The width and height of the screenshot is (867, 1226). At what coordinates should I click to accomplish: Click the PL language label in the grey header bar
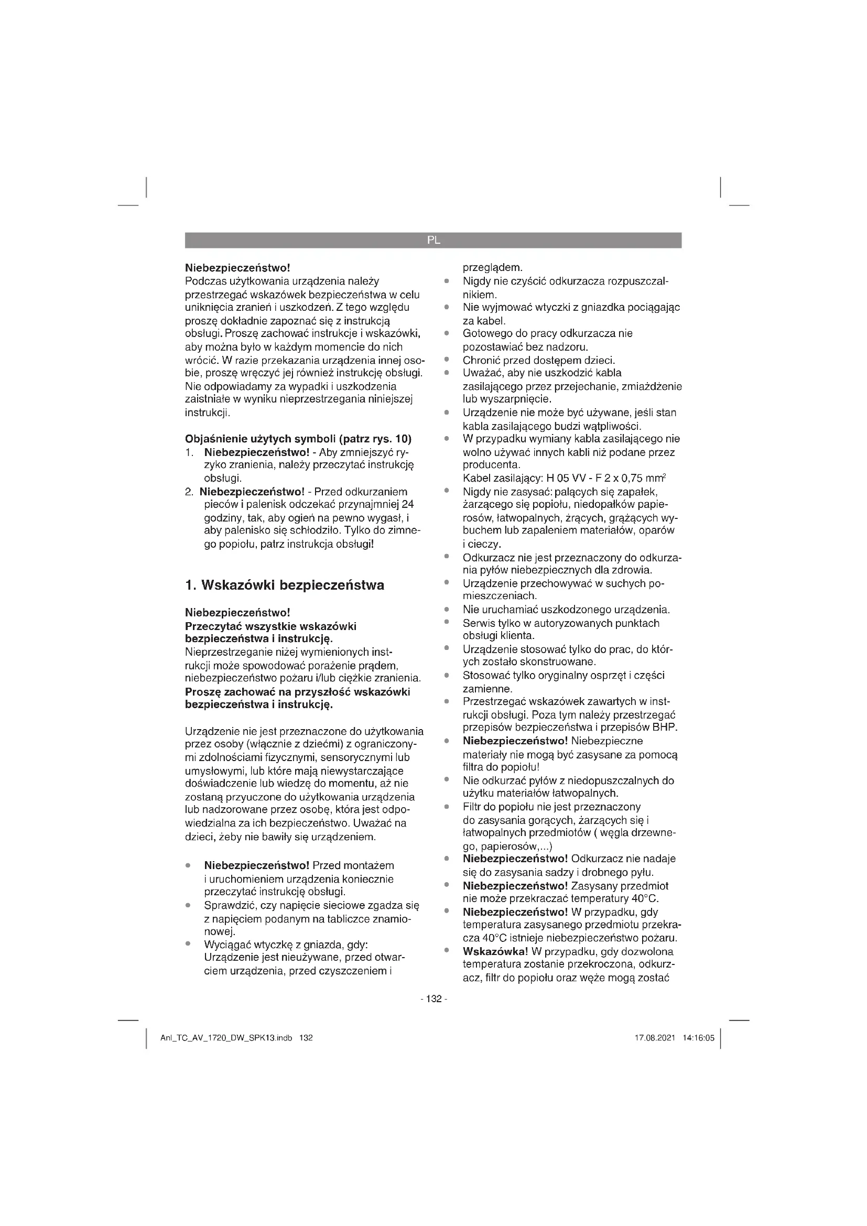click(x=433, y=240)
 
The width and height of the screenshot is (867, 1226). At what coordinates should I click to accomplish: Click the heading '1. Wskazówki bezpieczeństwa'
click(x=285, y=585)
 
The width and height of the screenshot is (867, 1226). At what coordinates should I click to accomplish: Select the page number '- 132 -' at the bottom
click(x=433, y=999)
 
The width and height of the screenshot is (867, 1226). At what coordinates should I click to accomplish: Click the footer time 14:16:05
click(x=698, y=1038)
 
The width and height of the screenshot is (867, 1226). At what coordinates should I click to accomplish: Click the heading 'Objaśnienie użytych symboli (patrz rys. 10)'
click(x=298, y=439)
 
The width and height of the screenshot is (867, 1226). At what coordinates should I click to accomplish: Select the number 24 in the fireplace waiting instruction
click(x=408, y=505)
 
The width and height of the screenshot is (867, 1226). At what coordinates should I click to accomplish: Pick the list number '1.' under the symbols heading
click(x=189, y=453)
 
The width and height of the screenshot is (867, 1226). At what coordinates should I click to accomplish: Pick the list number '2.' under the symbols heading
click(x=190, y=492)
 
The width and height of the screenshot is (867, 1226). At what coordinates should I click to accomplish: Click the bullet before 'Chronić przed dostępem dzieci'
click(x=445, y=360)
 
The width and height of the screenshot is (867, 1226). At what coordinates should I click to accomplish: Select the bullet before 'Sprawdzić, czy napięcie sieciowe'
click(x=187, y=906)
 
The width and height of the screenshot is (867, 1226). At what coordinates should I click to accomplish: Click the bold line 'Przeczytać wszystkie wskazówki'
click(x=270, y=626)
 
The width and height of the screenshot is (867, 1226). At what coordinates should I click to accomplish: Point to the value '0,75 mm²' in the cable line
click(x=644, y=478)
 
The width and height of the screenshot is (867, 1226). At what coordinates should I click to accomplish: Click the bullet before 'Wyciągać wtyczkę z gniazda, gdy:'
click(x=187, y=945)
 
